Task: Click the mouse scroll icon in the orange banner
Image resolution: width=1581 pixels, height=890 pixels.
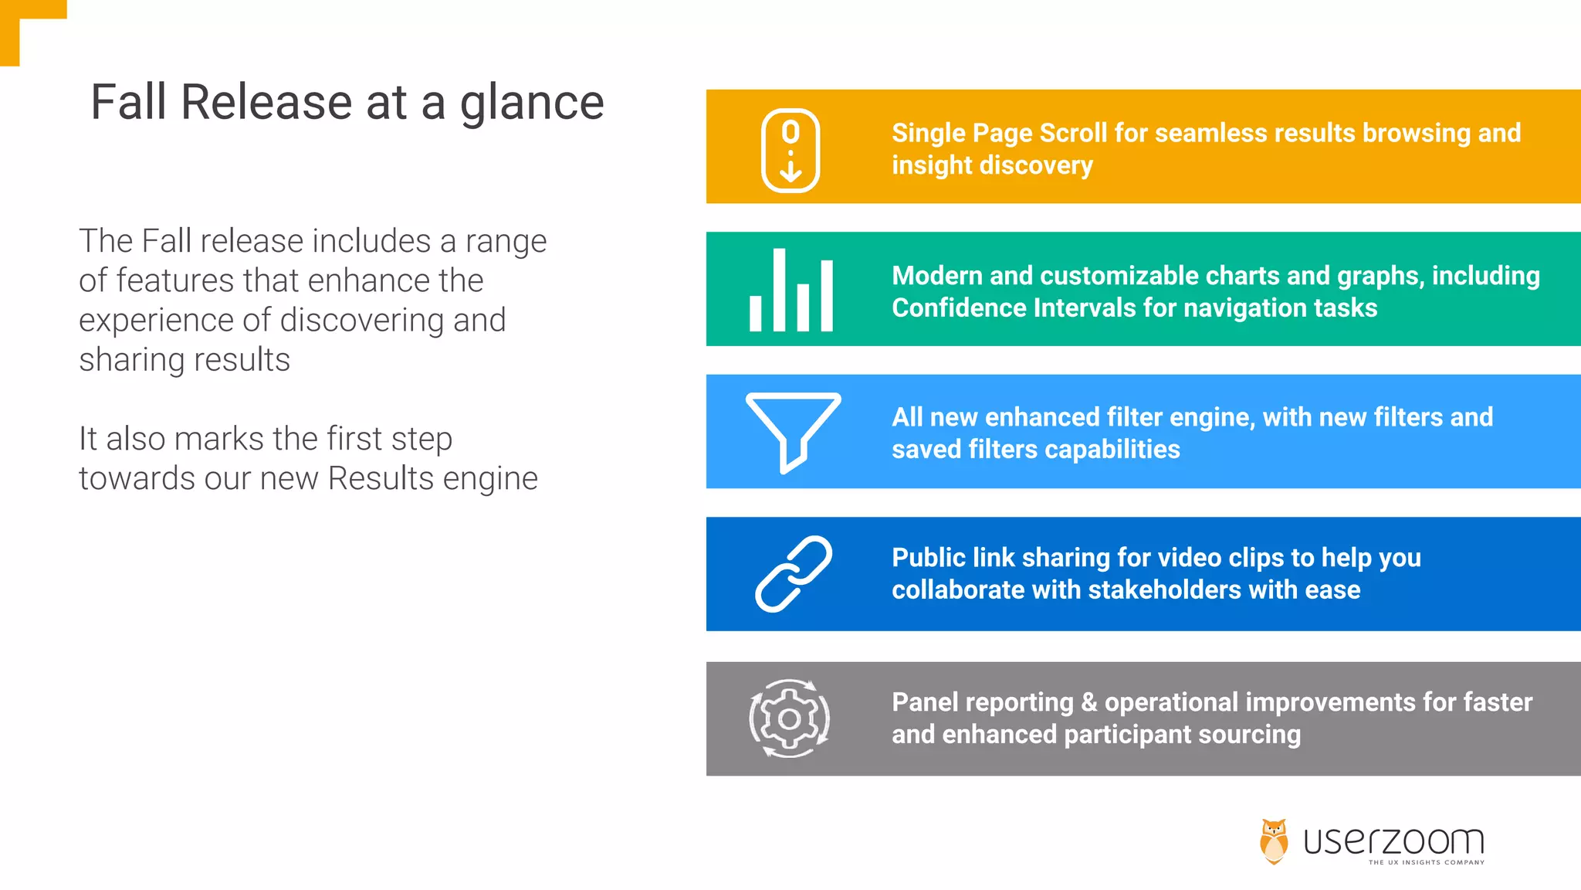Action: [x=790, y=150]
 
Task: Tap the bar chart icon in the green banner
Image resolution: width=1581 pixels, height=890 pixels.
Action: [x=790, y=291]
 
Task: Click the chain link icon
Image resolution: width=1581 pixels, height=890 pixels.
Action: [x=793, y=573]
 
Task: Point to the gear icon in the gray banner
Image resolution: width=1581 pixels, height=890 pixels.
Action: [x=789, y=718]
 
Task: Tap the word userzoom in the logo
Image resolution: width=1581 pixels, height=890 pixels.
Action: [x=1393, y=841]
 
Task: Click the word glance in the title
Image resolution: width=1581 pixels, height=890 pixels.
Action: [x=532, y=104]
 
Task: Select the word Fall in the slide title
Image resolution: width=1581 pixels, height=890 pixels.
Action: [x=129, y=102]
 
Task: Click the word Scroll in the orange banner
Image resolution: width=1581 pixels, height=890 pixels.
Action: [x=1074, y=133]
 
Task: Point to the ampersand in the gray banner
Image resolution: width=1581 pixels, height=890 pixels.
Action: [x=1088, y=702]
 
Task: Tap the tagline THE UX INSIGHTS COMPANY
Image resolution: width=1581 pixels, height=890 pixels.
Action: [x=1426, y=862]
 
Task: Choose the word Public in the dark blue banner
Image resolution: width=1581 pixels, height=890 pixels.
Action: [x=928, y=558]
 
